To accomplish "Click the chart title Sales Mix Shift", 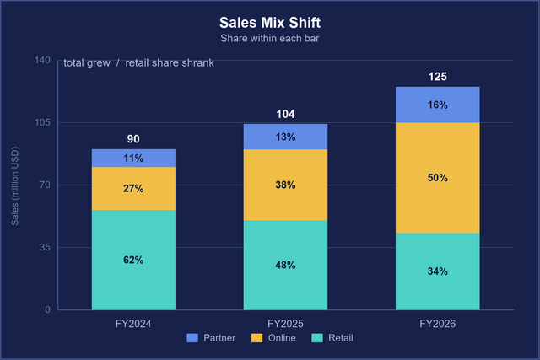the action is [x=270, y=23].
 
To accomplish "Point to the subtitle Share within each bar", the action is [x=270, y=38].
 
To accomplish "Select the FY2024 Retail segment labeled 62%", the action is [x=133, y=260].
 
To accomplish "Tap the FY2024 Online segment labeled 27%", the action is [x=133, y=189].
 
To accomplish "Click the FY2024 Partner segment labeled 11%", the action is [x=133, y=159].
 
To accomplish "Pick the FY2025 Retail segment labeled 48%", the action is [x=285, y=265].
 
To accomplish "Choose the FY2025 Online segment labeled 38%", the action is [x=285, y=185].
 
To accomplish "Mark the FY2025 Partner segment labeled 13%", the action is [x=285, y=137].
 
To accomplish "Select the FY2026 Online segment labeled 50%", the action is [x=438, y=178].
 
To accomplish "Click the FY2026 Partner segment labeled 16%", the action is [x=438, y=105].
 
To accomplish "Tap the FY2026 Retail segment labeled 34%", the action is [x=438, y=271].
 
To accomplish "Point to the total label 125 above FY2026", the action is [x=438, y=77].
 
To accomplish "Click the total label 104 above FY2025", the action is [x=285, y=114].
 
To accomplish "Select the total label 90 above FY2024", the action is [x=133, y=139].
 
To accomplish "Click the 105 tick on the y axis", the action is [x=42, y=122].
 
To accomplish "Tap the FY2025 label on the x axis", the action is [x=285, y=324].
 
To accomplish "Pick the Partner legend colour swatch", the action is [x=192, y=338].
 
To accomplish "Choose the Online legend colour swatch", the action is [x=256, y=338].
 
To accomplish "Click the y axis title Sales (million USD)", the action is [x=15, y=186].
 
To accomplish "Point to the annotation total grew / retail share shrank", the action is [x=138, y=63].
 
